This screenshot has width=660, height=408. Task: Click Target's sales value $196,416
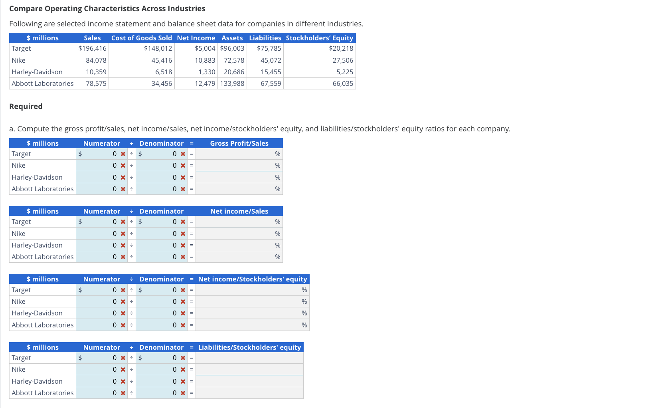click(92, 48)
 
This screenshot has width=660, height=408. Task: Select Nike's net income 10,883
click(205, 60)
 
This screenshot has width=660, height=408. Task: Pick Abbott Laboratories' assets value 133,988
click(232, 83)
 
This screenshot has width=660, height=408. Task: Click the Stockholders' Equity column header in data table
click(319, 38)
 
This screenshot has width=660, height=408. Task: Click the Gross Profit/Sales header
click(239, 143)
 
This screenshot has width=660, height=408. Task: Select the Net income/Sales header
click(239, 211)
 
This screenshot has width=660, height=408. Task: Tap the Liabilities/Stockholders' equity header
click(249, 347)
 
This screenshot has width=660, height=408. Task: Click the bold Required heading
click(26, 106)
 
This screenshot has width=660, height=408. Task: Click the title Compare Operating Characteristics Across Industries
click(107, 8)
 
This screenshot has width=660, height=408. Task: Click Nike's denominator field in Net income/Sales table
click(158, 234)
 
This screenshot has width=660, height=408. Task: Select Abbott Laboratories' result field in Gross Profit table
click(235, 189)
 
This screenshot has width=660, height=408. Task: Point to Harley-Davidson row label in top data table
click(37, 72)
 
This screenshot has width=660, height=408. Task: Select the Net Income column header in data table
click(196, 38)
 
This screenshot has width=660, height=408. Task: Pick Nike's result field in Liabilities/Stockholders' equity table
click(249, 369)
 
